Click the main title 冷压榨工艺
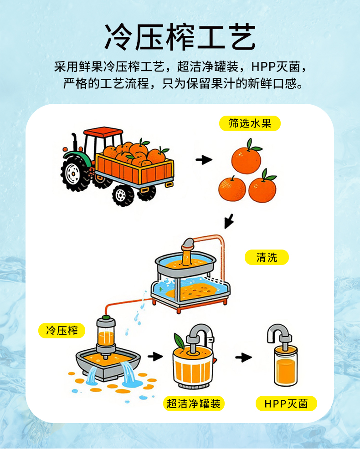(180, 37)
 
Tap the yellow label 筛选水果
(250, 123)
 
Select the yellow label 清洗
(267, 257)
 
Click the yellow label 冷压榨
(62, 331)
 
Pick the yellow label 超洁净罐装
(194, 403)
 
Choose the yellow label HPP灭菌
(286, 403)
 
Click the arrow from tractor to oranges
(204, 160)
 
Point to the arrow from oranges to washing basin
(229, 221)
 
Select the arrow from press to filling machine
(155, 357)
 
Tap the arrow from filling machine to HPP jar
(244, 357)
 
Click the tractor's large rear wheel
(74, 173)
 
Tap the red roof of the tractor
(103, 132)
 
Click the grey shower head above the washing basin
(188, 244)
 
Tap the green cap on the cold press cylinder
(106, 317)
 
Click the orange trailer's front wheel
(123, 195)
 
